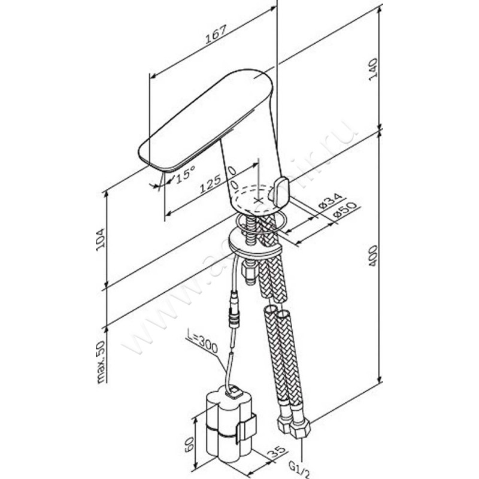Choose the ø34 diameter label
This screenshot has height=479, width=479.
(328, 202)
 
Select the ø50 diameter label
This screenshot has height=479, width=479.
(343, 213)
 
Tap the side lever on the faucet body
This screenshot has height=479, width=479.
(280, 191)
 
